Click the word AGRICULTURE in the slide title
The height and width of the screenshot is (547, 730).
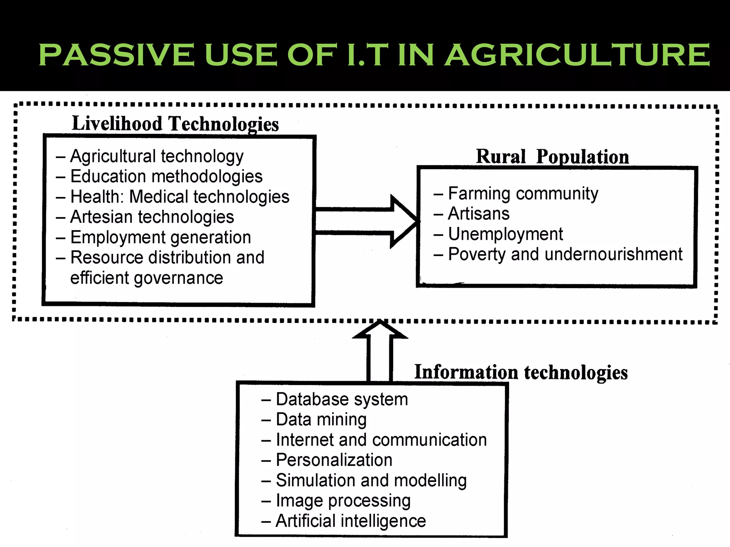coord(577,55)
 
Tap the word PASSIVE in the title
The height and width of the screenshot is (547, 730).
coord(116,55)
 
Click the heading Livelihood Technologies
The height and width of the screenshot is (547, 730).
coord(175,124)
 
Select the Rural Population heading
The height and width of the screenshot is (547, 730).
coord(552,157)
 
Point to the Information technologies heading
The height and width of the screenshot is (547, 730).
coord(521,372)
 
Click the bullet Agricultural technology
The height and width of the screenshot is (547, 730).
coord(157,156)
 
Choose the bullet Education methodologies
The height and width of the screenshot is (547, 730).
coord(166,177)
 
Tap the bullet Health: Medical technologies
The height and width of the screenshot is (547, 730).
coord(180,197)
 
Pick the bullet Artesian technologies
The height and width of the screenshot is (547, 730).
coord(152,217)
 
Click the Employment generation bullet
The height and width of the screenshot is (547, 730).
coord(160,238)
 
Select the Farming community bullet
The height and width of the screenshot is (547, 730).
coord(523,194)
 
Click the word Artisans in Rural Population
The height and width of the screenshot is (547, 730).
coord(479,214)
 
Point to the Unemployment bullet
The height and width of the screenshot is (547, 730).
coord(505,234)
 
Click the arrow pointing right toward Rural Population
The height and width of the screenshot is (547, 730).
coord(367,221)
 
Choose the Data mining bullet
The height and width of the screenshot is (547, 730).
coord(321,420)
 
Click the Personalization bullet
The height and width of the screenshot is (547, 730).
coord(334,460)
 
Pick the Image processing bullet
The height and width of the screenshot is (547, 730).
coord(343,501)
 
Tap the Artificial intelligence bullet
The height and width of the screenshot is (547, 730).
coord(351,521)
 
